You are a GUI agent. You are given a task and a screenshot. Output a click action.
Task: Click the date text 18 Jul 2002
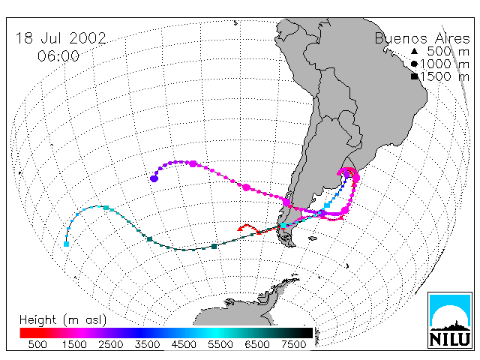pos(61,38)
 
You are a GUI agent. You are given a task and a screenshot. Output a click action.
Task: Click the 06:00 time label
pos(58,56)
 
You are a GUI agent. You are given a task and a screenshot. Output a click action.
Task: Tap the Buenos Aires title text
pos(422,38)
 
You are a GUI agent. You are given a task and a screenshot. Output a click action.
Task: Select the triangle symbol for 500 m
pos(414,51)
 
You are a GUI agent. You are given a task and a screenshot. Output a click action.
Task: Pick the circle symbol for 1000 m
pos(414,64)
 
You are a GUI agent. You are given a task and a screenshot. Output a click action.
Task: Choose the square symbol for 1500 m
pos(415,76)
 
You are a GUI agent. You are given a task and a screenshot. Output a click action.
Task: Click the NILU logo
pos(450,320)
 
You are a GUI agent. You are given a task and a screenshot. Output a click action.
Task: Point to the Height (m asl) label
pos(63,320)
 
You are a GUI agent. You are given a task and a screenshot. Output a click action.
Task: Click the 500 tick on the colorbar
pos(37,344)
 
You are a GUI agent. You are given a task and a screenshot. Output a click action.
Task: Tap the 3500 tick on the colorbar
pos(147,344)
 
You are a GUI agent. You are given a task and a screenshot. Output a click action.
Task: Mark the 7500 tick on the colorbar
pos(293,344)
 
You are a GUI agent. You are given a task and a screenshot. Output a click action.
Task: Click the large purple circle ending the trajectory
pos(154,178)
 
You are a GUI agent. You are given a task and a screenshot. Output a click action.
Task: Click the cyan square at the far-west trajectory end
pos(66,244)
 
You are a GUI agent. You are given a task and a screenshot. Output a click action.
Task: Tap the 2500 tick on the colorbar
pos(111,344)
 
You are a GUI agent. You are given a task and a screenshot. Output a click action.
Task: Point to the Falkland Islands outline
pos(313,238)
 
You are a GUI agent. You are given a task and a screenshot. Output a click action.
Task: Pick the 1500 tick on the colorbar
pos(74,344)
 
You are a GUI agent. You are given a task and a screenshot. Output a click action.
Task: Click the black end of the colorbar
pos(307,333)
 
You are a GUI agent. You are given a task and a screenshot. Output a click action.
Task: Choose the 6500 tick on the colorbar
pos(256,344)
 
